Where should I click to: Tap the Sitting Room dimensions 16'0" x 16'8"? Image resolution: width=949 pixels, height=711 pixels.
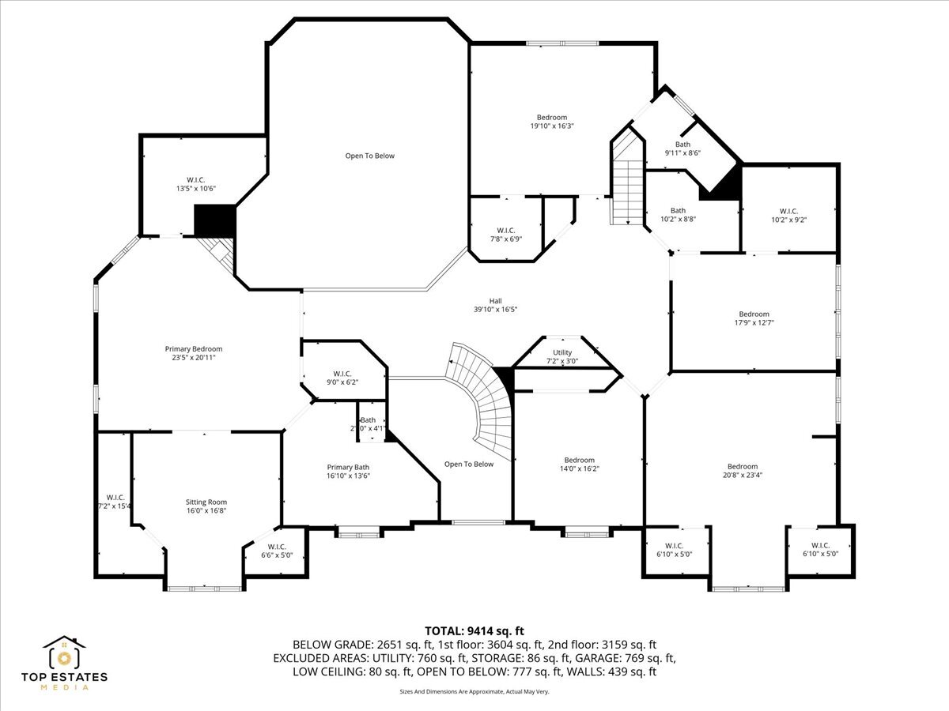point(206,511)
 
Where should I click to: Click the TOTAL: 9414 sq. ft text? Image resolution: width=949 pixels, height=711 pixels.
point(475,630)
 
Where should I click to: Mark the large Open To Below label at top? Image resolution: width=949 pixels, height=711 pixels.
point(369,156)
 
